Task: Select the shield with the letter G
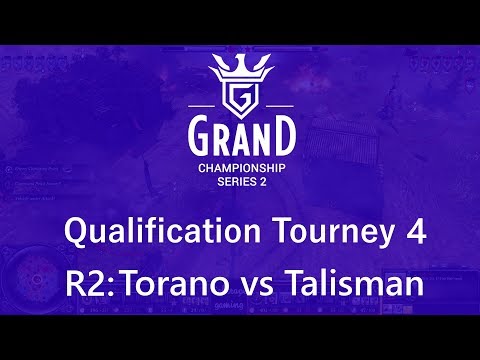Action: [239, 100]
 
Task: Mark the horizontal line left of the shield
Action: [201, 105]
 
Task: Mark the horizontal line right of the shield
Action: [278, 105]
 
